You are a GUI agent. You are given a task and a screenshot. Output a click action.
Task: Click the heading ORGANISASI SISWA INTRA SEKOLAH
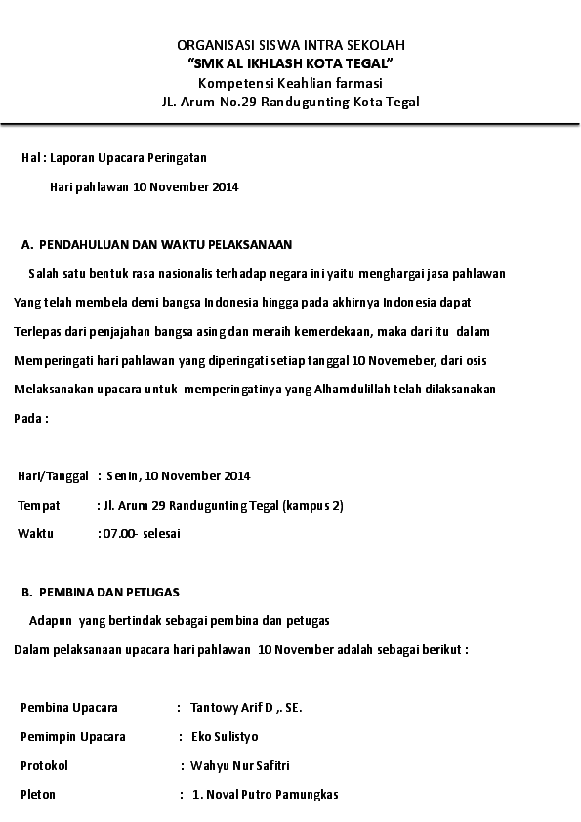click(x=290, y=45)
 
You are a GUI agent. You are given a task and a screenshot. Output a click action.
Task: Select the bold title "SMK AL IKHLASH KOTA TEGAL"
click(x=290, y=63)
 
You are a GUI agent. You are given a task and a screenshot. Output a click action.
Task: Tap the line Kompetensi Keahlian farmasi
click(x=290, y=82)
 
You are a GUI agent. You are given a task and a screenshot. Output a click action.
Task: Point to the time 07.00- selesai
click(x=141, y=534)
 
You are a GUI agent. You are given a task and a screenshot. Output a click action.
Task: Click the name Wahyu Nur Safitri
click(x=240, y=765)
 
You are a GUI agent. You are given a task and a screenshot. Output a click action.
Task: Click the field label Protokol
click(x=45, y=765)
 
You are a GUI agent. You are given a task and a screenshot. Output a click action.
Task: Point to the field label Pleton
click(x=38, y=795)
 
